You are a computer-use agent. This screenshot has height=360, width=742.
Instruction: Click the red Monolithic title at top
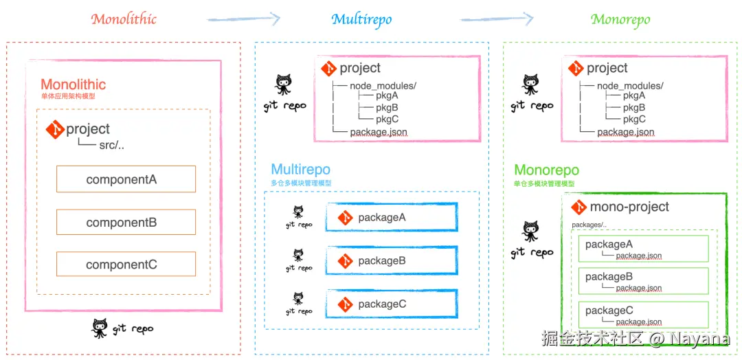click(124, 19)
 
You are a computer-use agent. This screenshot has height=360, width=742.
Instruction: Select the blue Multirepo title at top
click(361, 19)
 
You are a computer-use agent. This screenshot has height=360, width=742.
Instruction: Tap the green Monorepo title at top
click(620, 19)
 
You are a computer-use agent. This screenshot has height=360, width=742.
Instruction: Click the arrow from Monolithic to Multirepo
click(243, 19)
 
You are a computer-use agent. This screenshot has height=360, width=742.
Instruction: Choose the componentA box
click(126, 179)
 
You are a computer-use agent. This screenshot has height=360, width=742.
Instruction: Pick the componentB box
click(126, 222)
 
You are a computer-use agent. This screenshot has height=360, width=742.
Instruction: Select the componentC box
click(126, 265)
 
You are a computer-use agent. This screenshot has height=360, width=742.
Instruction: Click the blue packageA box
click(391, 217)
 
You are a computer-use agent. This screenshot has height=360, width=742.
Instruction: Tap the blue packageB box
click(391, 260)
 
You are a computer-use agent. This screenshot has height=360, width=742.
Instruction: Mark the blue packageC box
click(391, 304)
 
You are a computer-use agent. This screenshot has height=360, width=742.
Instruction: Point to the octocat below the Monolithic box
click(100, 328)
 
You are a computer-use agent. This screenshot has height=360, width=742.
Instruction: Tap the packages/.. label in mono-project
click(589, 225)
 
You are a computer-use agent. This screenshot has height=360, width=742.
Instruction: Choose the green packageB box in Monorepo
click(643, 281)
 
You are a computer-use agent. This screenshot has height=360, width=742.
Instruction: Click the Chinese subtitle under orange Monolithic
click(68, 97)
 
